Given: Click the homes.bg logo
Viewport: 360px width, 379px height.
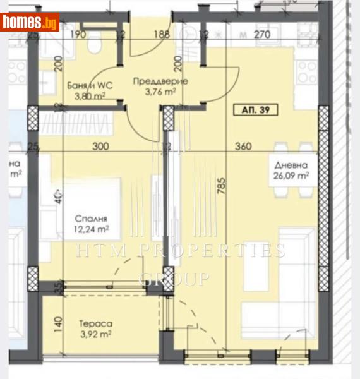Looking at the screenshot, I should pyautogui.click(x=30, y=22).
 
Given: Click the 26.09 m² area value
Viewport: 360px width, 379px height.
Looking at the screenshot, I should pyautogui.click(x=291, y=177).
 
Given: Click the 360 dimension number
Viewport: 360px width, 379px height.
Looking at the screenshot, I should pyautogui.click(x=243, y=147).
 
